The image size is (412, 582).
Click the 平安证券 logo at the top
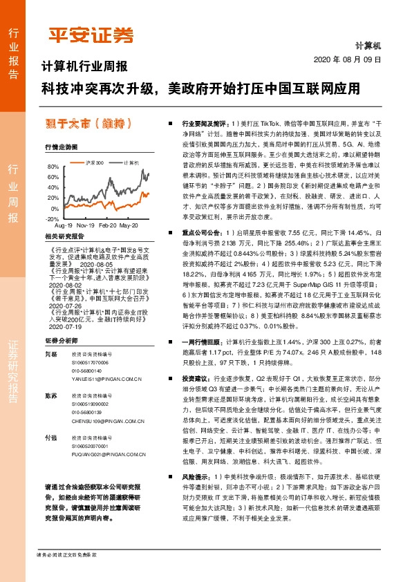90,35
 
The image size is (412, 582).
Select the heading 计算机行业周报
85,67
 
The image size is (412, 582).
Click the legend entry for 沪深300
95,163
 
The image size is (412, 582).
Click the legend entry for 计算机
130,163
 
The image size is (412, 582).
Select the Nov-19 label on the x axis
86,225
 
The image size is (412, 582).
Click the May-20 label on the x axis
129,225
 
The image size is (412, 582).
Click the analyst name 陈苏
50,395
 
